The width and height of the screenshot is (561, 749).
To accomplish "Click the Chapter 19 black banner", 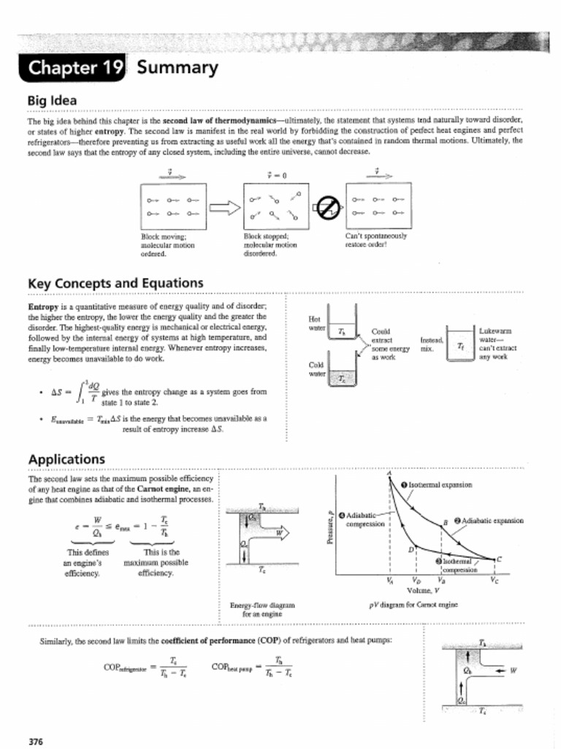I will (73, 68).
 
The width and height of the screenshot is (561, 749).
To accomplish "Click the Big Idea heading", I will (53, 99).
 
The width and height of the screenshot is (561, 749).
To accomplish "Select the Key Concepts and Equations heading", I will (115, 283).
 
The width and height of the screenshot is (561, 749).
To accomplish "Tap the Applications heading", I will (66, 459).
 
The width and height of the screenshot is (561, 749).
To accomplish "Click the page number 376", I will (36, 742).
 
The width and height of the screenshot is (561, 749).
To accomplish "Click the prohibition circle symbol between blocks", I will (329, 208).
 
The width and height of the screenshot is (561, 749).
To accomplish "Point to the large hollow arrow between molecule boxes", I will (225, 208).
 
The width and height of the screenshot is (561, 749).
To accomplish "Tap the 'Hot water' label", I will (316, 323).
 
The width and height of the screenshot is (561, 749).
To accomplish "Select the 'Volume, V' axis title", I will (424, 590).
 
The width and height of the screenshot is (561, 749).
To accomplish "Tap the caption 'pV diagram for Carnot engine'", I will (413, 605).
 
